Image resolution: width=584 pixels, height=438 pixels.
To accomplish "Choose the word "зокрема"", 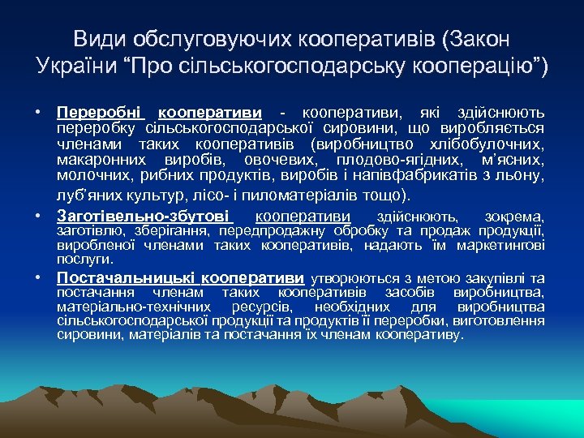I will pos(513,217).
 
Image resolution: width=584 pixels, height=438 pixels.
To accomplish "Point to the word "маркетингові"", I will pos(501,246).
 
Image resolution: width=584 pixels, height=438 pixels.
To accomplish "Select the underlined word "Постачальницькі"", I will pos(127,277).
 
